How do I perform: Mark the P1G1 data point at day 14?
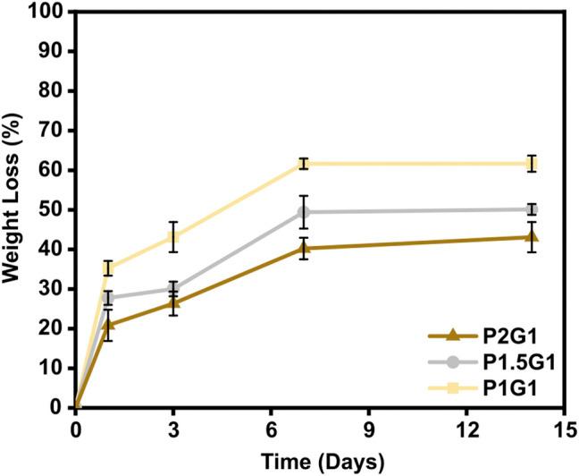click(x=532, y=164)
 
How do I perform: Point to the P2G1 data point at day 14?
click(x=532, y=237)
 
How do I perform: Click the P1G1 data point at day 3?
click(x=174, y=237)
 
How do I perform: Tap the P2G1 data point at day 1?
click(x=108, y=325)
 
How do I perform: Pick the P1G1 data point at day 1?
click(x=108, y=268)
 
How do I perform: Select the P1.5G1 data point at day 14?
click(x=532, y=209)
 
